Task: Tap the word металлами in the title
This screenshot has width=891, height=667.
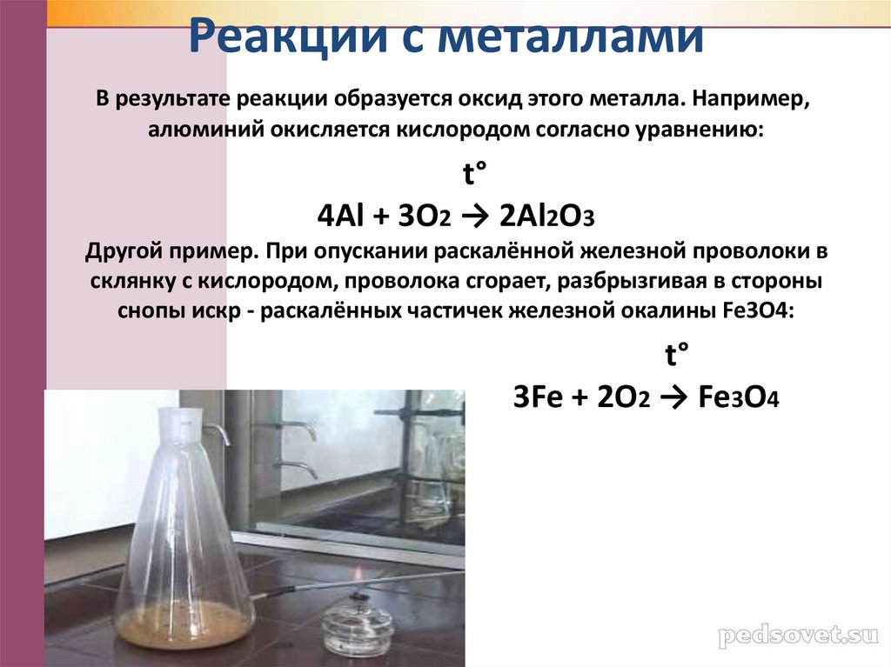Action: click(x=566, y=38)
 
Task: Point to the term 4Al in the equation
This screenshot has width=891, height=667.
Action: click(x=337, y=217)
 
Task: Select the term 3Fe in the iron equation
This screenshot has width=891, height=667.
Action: click(x=533, y=397)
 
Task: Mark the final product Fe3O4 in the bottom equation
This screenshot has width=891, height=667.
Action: click(x=739, y=397)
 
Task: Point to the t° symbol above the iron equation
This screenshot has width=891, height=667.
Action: click(x=675, y=356)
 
